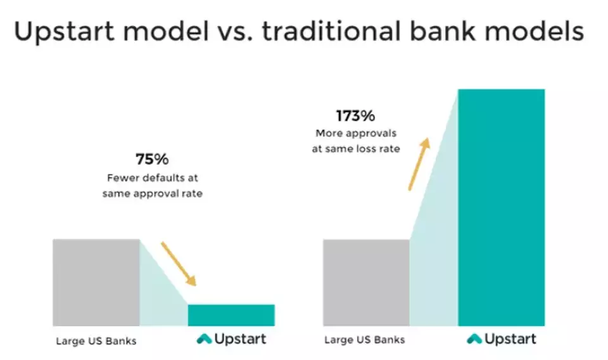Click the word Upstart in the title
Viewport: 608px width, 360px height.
click(65, 32)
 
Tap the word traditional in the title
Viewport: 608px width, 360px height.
click(331, 30)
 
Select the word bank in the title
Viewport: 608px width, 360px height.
click(443, 30)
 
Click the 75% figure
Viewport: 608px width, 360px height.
click(152, 159)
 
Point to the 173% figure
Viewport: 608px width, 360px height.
click(355, 115)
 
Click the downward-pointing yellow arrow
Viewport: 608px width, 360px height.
click(179, 264)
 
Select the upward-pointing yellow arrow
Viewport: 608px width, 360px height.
click(419, 164)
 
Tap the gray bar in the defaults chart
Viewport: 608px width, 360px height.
click(96, 283)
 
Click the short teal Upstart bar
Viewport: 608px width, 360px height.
click(231, 315)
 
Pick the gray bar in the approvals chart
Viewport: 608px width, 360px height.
click(366, 283)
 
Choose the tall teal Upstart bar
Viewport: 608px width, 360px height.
click(502, 207)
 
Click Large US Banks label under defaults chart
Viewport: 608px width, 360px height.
click(96, 341)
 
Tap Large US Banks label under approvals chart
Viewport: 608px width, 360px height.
click(365, 340)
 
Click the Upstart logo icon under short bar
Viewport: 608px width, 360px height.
click(205, 339)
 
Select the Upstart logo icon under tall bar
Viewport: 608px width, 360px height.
click(474, 339)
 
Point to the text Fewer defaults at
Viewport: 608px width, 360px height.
click(153, 177)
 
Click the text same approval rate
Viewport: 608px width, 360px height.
click(153, 193)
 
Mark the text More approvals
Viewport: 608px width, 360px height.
click(356, 133)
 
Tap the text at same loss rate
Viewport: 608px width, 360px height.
click(356, 148)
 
